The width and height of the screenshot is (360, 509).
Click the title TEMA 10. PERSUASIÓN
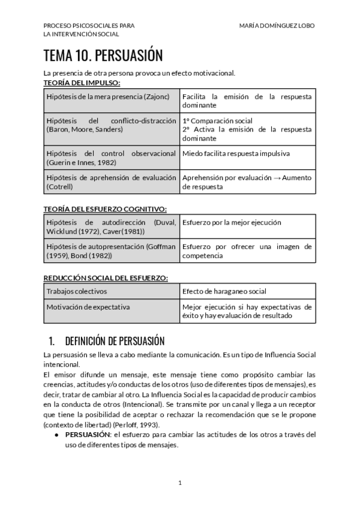[x=103, y=56]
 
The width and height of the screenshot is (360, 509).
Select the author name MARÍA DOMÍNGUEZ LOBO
[x=277, y=26]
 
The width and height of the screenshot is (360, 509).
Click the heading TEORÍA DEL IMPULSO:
[x=82, y=82]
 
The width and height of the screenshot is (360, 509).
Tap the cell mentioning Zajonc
[x=112, y=96]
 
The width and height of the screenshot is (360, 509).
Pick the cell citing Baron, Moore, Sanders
[x=112, y=125]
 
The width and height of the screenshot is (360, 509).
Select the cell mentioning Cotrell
[x=112, y=182]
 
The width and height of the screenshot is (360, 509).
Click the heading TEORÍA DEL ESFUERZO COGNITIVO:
[x=105, y=208]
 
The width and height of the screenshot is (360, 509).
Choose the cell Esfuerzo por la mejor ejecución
[x=232, y=222]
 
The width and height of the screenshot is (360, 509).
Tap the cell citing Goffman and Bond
[x=112, y=251]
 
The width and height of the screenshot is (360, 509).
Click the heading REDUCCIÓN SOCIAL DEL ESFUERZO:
[x=106, y=277]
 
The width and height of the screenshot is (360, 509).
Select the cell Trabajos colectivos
[x=76, y=292]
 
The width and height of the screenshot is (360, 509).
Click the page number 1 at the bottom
[x=179, y=482]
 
